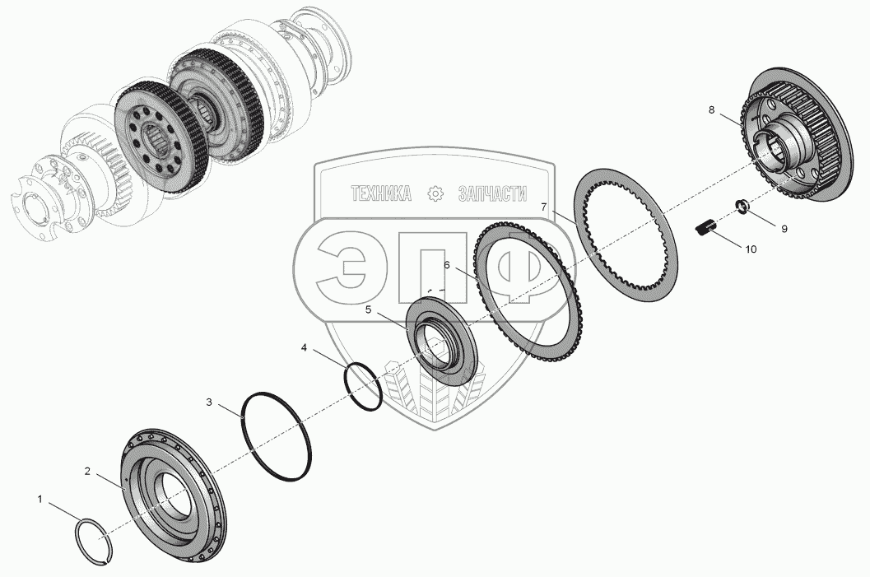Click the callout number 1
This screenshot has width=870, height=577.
click(x=40, y=500)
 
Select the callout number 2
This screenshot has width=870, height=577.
click(x=87, y=471)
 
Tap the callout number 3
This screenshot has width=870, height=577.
click(x=208, y=403)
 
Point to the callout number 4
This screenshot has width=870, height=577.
click(x=304, y=348)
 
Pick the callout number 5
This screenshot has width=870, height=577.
click(x=368, y=309)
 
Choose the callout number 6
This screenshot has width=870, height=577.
click(x=447, y=265)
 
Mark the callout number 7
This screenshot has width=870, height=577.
click(x=544, y=207)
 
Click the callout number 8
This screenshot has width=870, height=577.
click(x=711, y=109)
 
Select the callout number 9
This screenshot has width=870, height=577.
click(x=784, y=229)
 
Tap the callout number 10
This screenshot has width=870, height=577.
click(x=750, y=249)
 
